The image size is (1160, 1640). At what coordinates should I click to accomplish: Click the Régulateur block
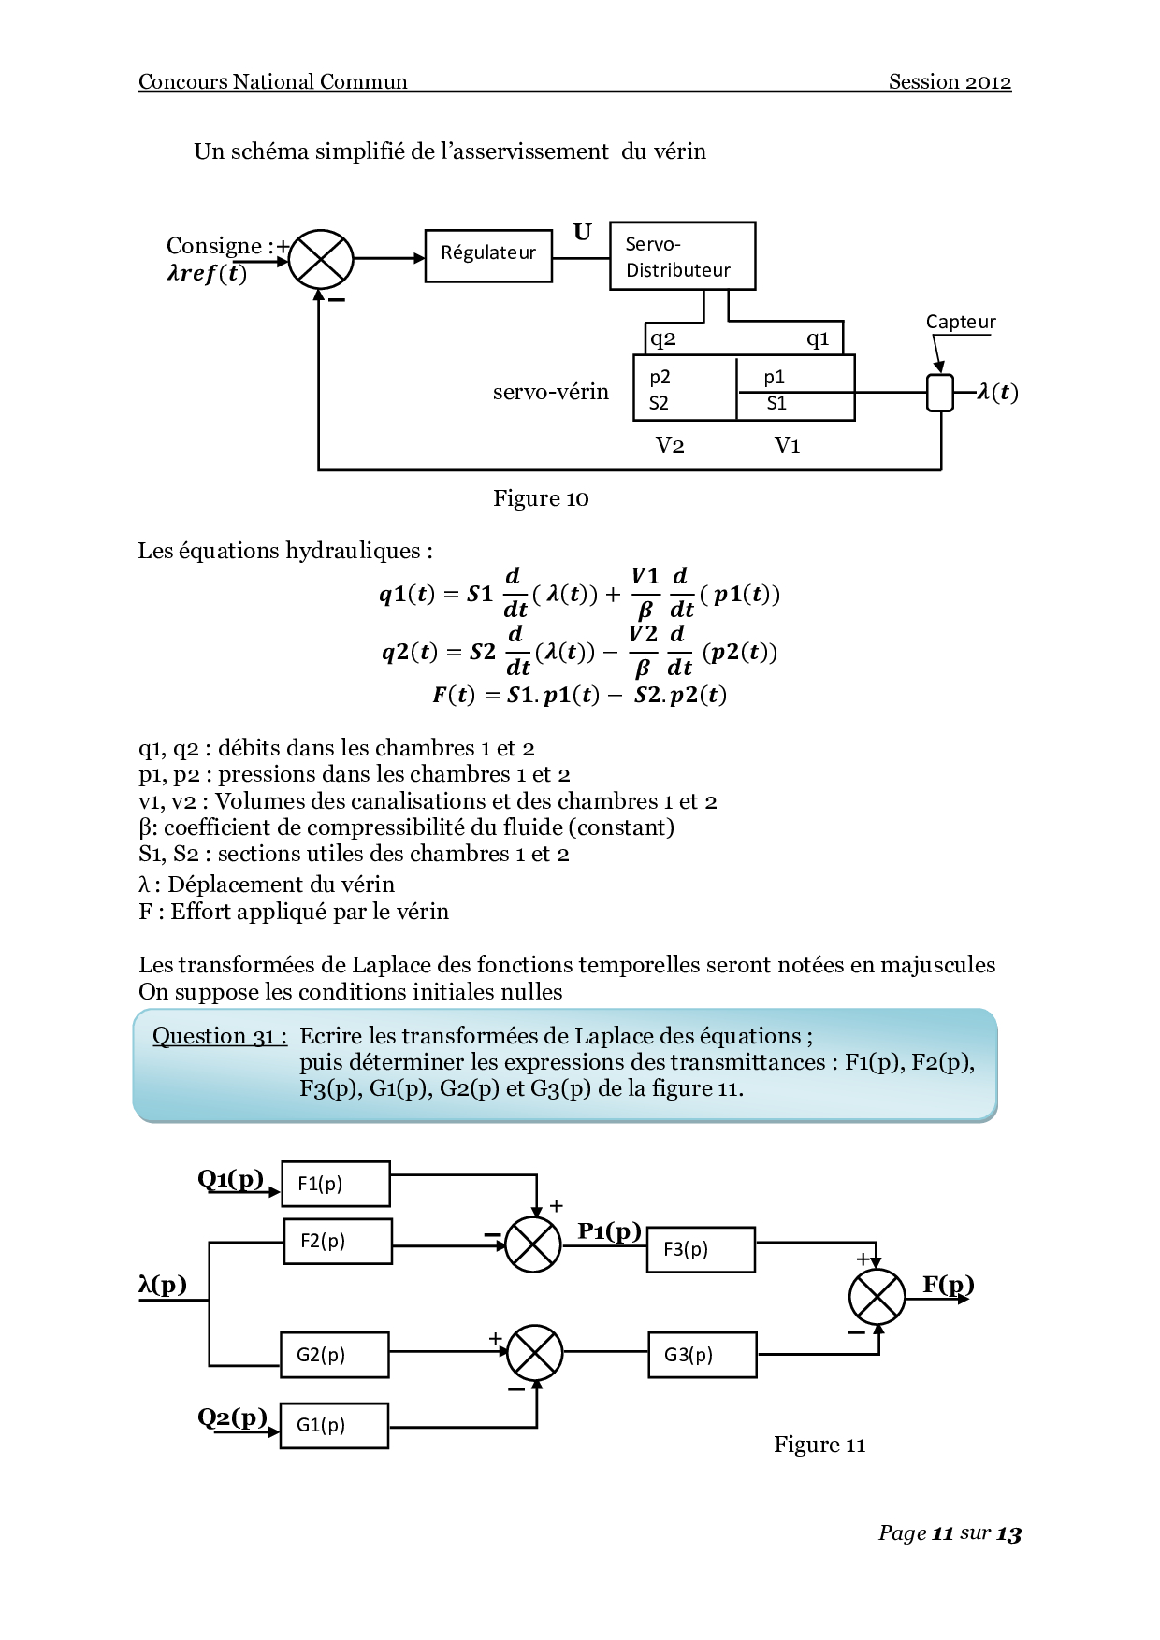(x=488, y=254)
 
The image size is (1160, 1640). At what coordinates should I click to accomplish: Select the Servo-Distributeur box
(x=682, y=256)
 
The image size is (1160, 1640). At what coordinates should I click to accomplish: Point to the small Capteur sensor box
(x=939, y=392)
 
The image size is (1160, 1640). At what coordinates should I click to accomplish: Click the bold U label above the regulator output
(x=582, y=232)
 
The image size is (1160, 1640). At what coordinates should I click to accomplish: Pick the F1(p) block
(x=336, y=1184)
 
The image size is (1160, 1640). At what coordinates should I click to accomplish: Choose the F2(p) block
(x=338, y=1241)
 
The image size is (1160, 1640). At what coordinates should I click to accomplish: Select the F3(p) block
(x=700, y=1249)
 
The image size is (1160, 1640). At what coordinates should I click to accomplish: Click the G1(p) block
(x=334, y=1425)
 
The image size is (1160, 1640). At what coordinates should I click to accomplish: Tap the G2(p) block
(x=334, y=1354)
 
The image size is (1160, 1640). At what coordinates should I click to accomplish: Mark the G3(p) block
(x=702, y=1354)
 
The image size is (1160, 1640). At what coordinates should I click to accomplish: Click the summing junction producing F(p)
(x=877, y=1297)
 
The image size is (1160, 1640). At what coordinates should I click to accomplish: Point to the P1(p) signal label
(x=609, y=1230)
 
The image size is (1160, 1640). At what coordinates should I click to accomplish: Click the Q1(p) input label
(x=230, y=1178)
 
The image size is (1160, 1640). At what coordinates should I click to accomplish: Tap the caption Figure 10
(x=541, y=498)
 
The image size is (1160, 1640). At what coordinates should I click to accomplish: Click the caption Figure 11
(x=819, y=1445)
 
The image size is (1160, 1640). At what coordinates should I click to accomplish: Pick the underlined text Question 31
(x=219, y=1036)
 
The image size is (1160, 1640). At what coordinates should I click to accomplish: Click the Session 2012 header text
(x=950, y=82)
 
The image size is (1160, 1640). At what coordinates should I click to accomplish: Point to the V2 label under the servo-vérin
(x=670, y=445)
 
